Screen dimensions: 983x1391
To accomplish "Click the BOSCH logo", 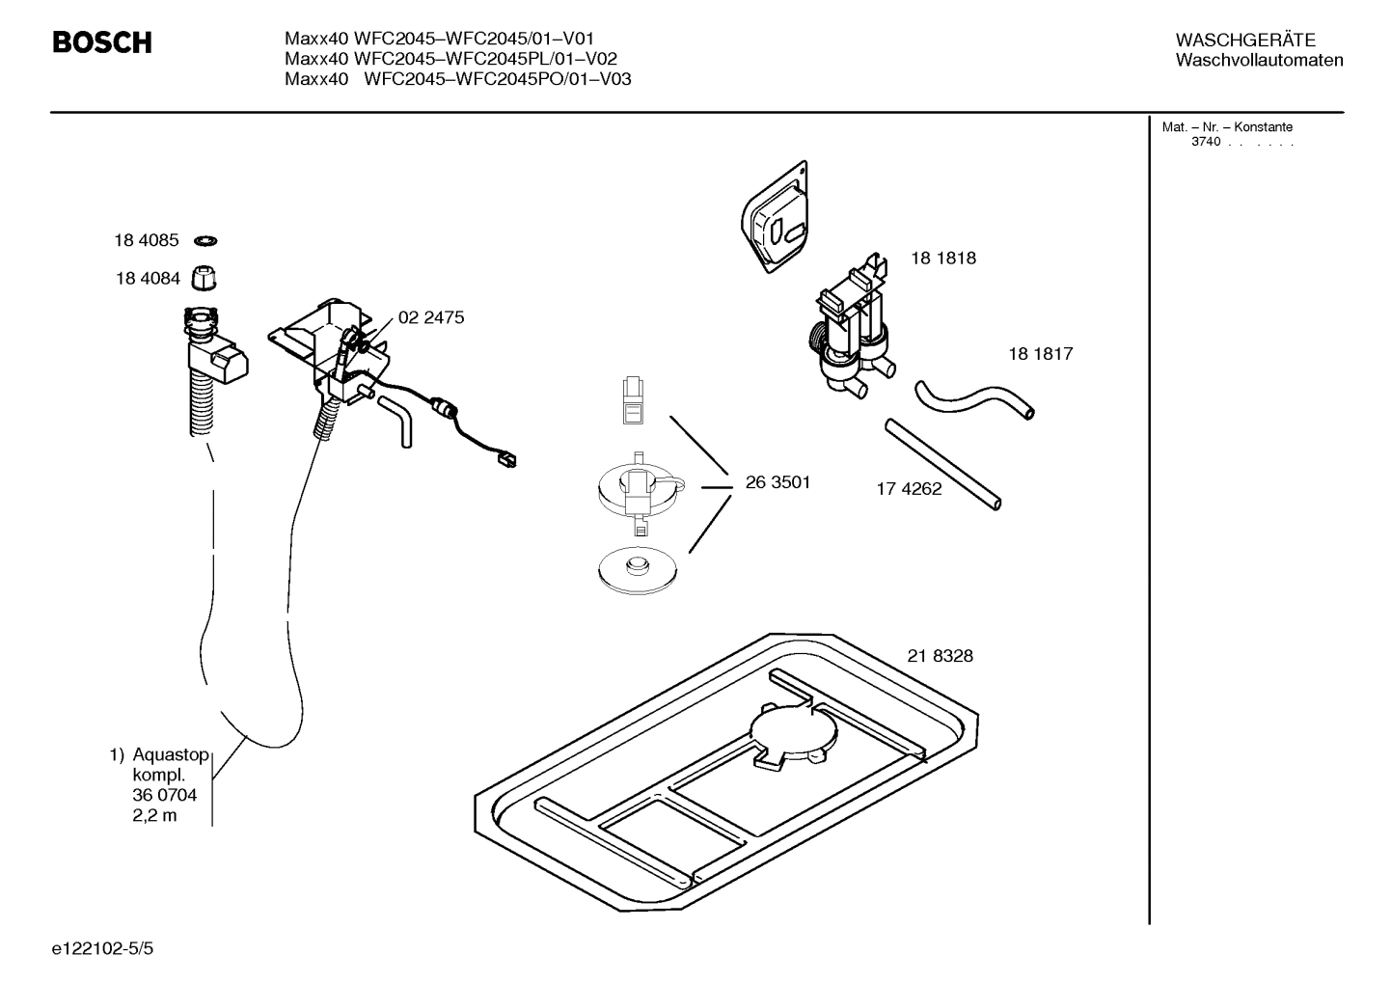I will click(101, 42).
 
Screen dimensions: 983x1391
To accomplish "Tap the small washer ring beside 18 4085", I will click(205, 240).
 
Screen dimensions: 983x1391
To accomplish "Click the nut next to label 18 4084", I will click(204, 278).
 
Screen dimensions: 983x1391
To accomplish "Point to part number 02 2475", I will click(430, 317).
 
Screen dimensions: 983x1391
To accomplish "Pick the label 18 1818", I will click(942, 258).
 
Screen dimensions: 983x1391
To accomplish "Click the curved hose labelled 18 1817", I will click(974, 398).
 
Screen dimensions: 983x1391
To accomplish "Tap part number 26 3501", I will click(777, 482).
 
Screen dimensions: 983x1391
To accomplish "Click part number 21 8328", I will click(940, 656).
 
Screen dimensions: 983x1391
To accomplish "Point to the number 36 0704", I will click(164, 795).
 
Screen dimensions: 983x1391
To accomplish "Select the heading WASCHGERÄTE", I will click(1244, 40).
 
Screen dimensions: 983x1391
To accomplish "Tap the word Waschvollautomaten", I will click(1259, 60).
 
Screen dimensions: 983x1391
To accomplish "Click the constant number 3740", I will click(1205, 142).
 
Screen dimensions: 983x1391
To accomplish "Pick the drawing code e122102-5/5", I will click(102, 949).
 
